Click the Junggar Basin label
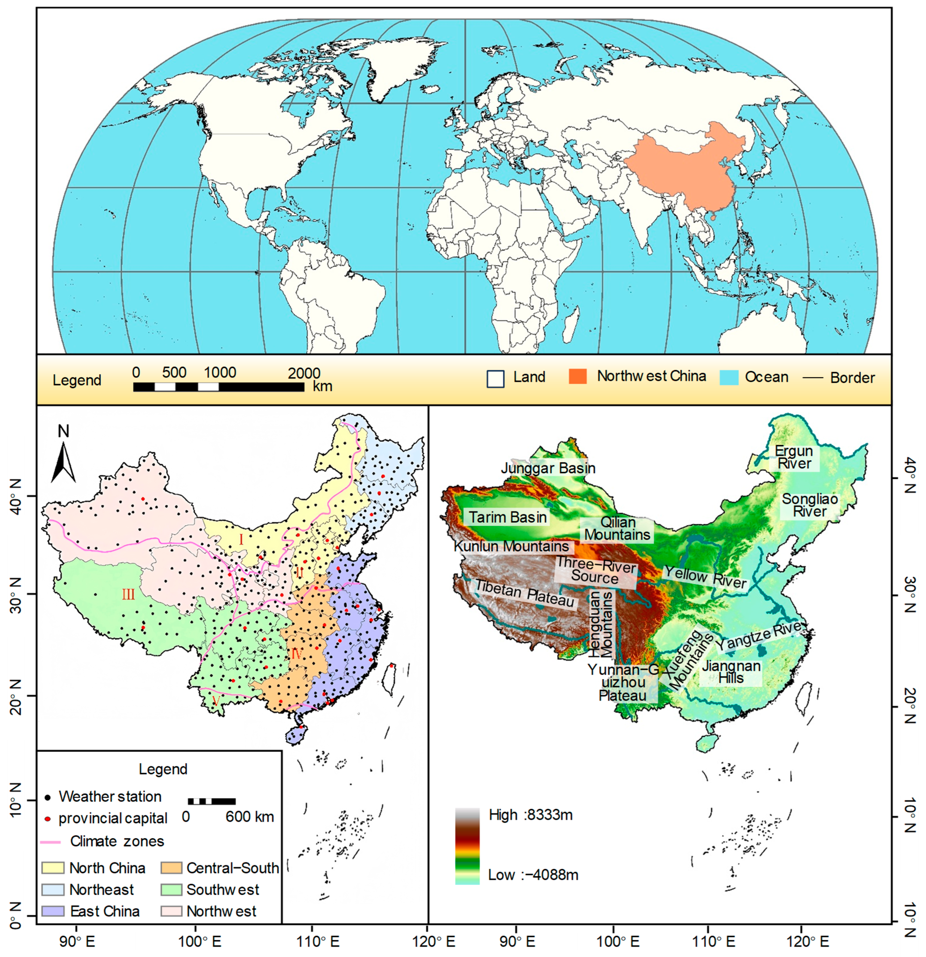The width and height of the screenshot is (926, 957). (x=548, y=468)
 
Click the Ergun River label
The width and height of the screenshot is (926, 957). (x=794, y=458)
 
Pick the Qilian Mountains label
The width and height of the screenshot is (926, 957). (x=617, y=529)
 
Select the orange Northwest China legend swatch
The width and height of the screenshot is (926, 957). (x=577, y=376)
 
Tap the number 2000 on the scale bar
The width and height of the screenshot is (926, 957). (x=304, y=373)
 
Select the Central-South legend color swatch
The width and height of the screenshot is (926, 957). (x=171, y=868)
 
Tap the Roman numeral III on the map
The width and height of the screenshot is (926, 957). (x=128, y=594)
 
